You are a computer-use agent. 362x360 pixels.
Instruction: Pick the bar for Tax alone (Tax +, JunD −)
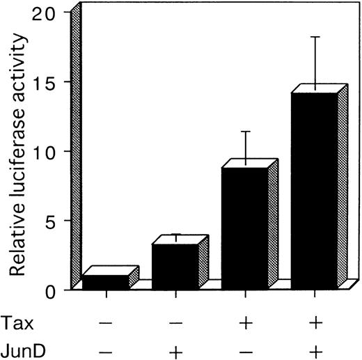(x=244, y=228)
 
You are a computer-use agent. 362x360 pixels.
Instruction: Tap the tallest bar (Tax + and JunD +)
(x=313, y=191)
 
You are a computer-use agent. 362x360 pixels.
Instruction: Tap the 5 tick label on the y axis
(x=60, y=221)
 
